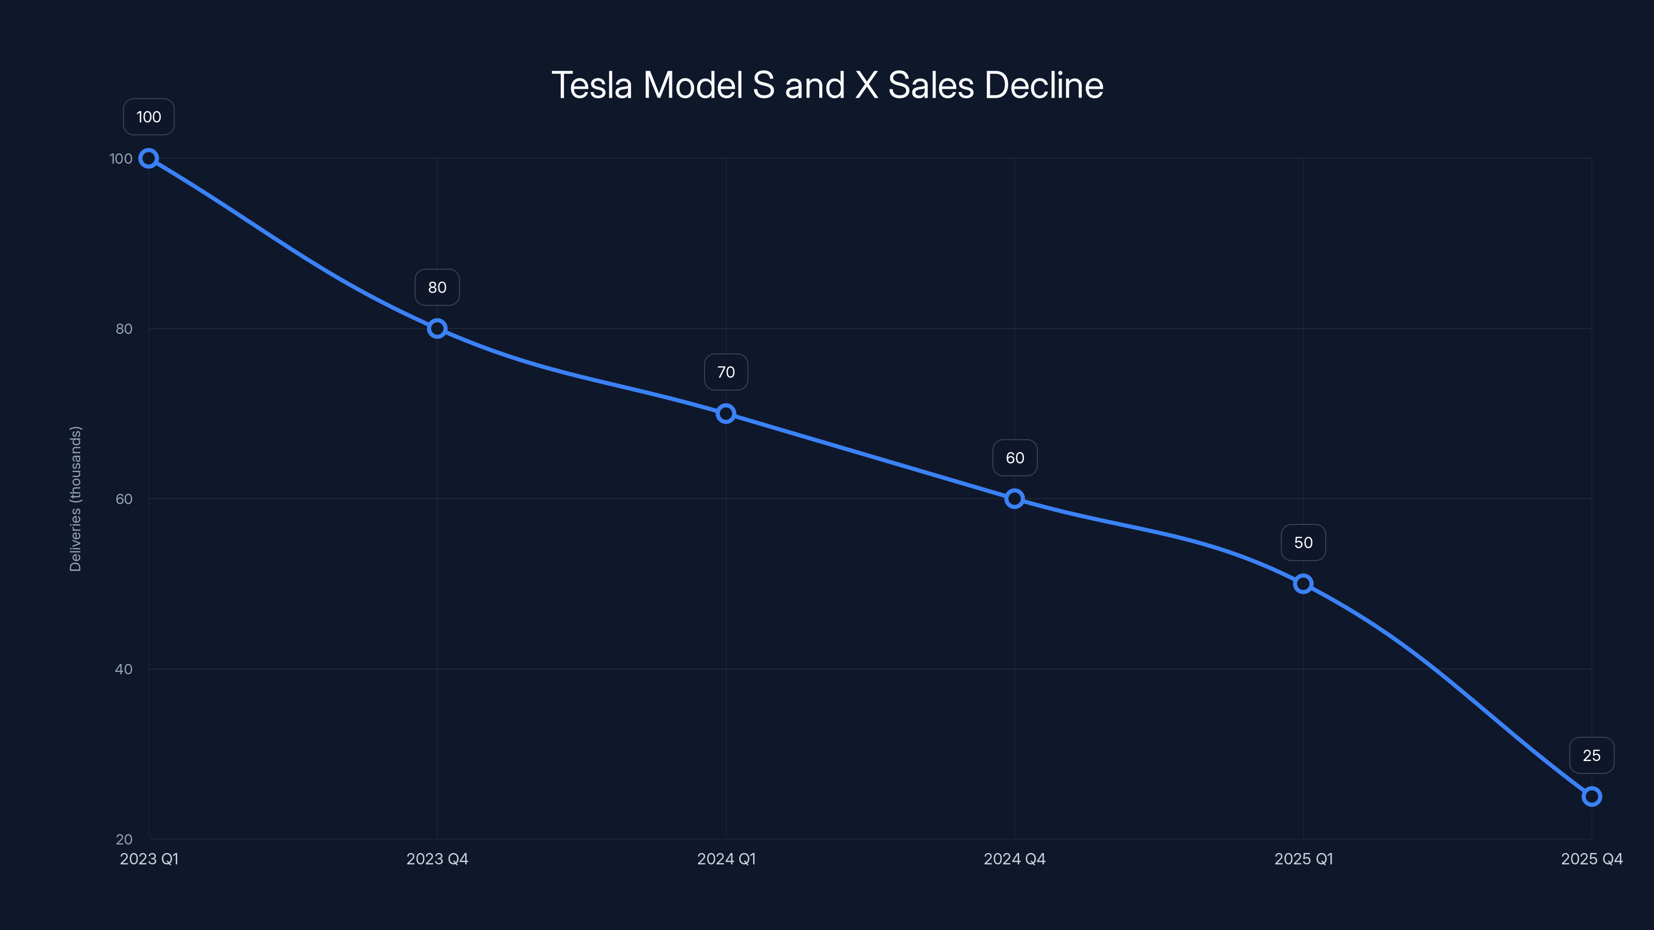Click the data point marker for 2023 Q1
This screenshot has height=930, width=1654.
(149, 159)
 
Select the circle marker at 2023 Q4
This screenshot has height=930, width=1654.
(437, 329)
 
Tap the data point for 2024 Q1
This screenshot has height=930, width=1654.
(726, 414)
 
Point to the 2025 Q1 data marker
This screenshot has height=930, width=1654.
(1303, 584)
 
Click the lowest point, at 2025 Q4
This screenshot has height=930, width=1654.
(1591, 797)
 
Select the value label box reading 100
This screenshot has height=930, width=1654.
(149, 117)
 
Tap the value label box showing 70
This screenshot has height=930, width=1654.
(726, 372)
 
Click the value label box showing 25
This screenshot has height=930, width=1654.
(1591, 755)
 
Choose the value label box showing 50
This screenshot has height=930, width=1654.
(1303, 543)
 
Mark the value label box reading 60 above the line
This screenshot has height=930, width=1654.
(1015, 458)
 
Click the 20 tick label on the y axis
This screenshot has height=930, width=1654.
(124, 840)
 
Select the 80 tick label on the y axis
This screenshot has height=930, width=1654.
(124, 329)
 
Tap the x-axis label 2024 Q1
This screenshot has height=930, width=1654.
(726, 859)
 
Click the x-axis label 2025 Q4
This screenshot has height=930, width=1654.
(1591, 859)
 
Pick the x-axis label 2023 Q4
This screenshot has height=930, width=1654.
(437, 859)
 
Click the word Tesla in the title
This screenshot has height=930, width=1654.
(591, 85)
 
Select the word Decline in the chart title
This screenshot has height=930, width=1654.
(1044, 85)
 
